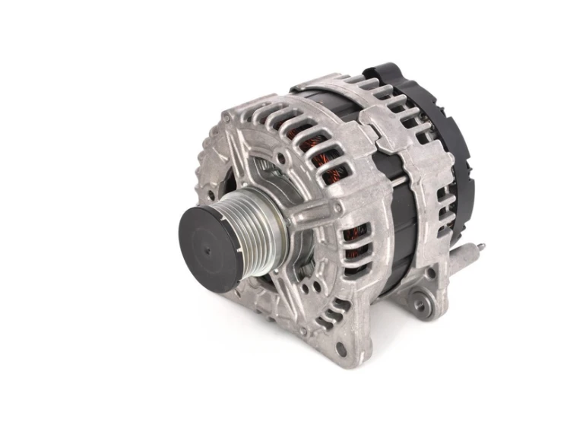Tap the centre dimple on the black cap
[207, 247]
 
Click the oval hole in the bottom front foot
[340, 349]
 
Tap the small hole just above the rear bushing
[429, 274]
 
